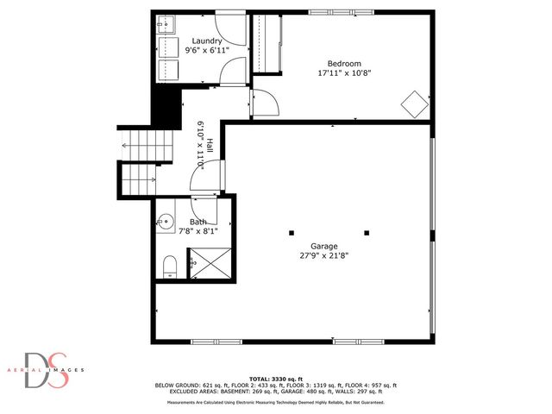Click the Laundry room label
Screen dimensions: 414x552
(207, 41)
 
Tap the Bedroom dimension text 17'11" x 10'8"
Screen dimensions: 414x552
(343, 73)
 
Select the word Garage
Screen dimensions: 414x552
(324, 246)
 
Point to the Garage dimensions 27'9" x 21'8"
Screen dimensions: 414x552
(324, 255)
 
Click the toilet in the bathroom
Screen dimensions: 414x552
(169, 265)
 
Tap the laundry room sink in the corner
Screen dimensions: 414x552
(166, 25)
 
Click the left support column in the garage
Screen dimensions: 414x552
(292, 233)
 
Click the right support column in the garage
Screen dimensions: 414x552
(366, 233)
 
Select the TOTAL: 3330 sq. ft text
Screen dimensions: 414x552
(276, 379)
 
